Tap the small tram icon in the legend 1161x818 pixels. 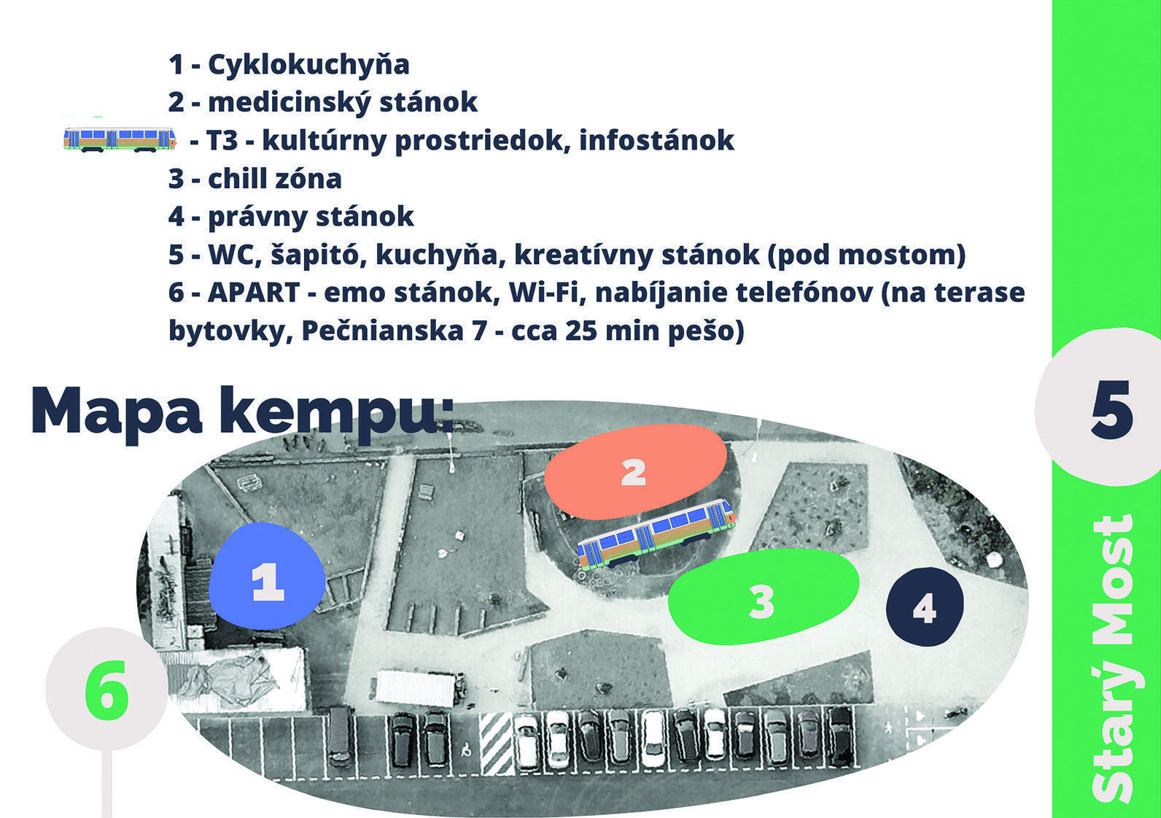point(120,139)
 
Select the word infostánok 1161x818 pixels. point(656,140)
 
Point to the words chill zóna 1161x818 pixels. point(275,179)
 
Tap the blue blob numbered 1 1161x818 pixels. point(267,575)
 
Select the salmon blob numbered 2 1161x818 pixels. point(635,471)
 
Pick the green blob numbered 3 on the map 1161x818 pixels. point(763,598)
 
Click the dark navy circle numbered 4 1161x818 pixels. point(925,606)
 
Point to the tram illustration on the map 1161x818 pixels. point(656,533)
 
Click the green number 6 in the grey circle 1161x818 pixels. point(106,690)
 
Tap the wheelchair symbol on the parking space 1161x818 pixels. point(466,749)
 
